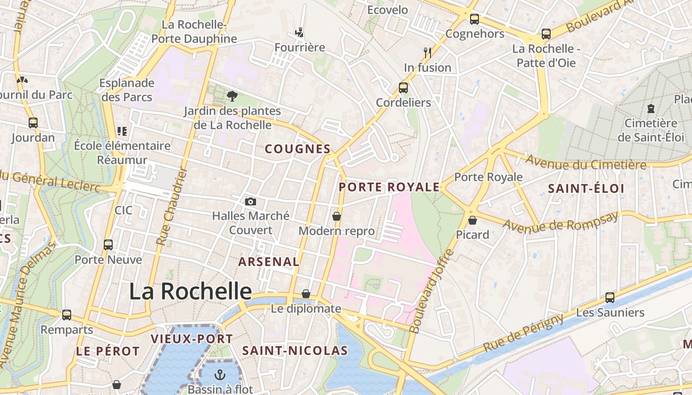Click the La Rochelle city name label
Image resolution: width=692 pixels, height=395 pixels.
pos(190,291)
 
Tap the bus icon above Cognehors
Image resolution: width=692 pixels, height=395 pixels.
pos(475,19)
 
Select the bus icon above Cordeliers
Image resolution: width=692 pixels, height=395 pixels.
pos(403,88)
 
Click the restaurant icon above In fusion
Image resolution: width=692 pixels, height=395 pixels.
pos(428,52)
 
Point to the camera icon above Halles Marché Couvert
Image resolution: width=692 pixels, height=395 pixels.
pos(251,201)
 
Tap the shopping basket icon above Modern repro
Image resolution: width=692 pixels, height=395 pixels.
pos(337,216)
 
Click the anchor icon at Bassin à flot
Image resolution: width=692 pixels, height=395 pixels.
pos(220,375)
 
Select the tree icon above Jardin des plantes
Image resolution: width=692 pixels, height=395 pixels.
pos(232,96)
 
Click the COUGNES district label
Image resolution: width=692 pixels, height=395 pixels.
pos(298,149)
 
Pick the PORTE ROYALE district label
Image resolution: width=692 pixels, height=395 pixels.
pos(389,187)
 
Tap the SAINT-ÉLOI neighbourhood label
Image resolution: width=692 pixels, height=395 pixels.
pos(586,188)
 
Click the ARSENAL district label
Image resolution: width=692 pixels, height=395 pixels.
pos(269,262)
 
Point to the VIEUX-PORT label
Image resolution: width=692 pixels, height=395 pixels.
pos(192,339)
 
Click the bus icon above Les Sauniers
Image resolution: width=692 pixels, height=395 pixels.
pos(610,298)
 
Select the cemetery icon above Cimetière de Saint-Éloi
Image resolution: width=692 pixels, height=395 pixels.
pos(650,108)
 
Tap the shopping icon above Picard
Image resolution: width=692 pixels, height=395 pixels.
pos(473,220)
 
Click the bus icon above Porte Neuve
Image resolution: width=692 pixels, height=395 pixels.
pos(108,244)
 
